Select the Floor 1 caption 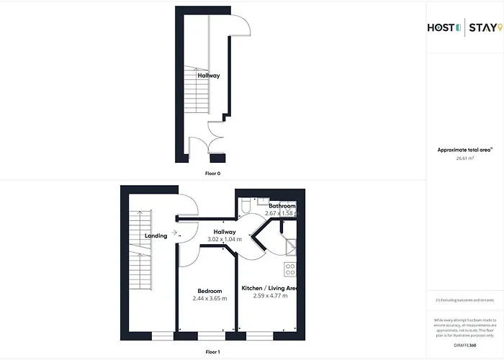point(213,351)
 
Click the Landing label point(156,235)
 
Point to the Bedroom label point(209,291)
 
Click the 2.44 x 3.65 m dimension point(209,298)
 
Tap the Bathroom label point(278,206)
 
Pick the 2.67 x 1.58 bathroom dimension point(279,213)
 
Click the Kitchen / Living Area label point(269,288)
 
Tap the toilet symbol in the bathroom point(246,207)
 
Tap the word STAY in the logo point(481,28)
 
